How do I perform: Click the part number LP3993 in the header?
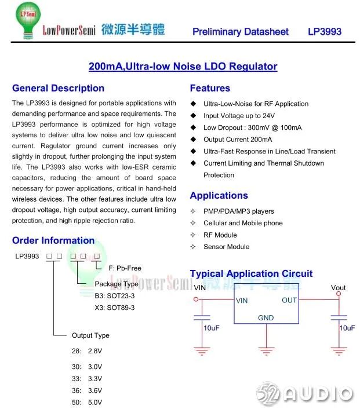pos(324,32)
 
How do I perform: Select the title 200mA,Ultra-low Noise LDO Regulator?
pos(183,66)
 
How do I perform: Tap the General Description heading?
pos(58,88)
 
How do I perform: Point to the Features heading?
pos(210,88)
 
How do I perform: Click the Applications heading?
pos(219,195)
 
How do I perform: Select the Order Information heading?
pos(53,240)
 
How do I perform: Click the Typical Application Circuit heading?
pos(251,273)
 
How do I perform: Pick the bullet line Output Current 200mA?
pos(238,140)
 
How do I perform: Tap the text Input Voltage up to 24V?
pos(239,116)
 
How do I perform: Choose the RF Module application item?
pos(220,235)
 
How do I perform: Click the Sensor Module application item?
pos(226,247)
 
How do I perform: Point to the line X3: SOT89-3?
pos(115,308)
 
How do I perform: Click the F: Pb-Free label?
pos(125,268)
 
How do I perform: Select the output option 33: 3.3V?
pos(87,378)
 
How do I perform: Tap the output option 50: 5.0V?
pos(87,402)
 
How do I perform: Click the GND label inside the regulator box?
pos(266,318)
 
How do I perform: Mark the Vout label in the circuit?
pos(338,287)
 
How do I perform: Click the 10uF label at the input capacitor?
pos(211,328)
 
